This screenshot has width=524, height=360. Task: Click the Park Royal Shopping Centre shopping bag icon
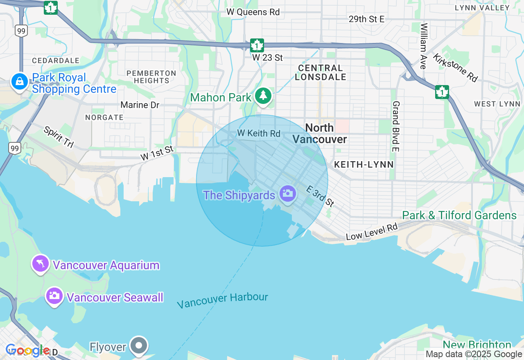(19, 82)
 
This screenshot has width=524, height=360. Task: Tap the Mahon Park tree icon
(263, 96)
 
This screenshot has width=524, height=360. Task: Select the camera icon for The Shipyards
(288, 193)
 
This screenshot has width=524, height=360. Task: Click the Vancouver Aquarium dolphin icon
(41, 263)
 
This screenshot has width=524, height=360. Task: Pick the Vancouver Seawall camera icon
(54, 296)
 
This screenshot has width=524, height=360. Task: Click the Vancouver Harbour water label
(222, 301)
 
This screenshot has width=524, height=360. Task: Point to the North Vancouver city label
(319, 133)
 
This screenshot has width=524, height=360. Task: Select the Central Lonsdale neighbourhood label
(320, 72)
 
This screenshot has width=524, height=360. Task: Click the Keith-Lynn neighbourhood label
(364, 164)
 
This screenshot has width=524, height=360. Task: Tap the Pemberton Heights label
(151, 77)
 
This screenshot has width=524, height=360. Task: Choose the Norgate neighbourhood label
(104, 117)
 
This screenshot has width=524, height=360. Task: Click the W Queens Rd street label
(253, 12)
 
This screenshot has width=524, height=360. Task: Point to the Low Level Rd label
(372, 232)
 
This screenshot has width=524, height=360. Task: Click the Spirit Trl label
(59, 137)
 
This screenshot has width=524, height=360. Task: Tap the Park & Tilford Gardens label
(459, 215)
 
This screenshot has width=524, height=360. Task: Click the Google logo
(28, 350)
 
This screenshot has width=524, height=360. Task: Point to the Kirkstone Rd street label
(455, 68)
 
